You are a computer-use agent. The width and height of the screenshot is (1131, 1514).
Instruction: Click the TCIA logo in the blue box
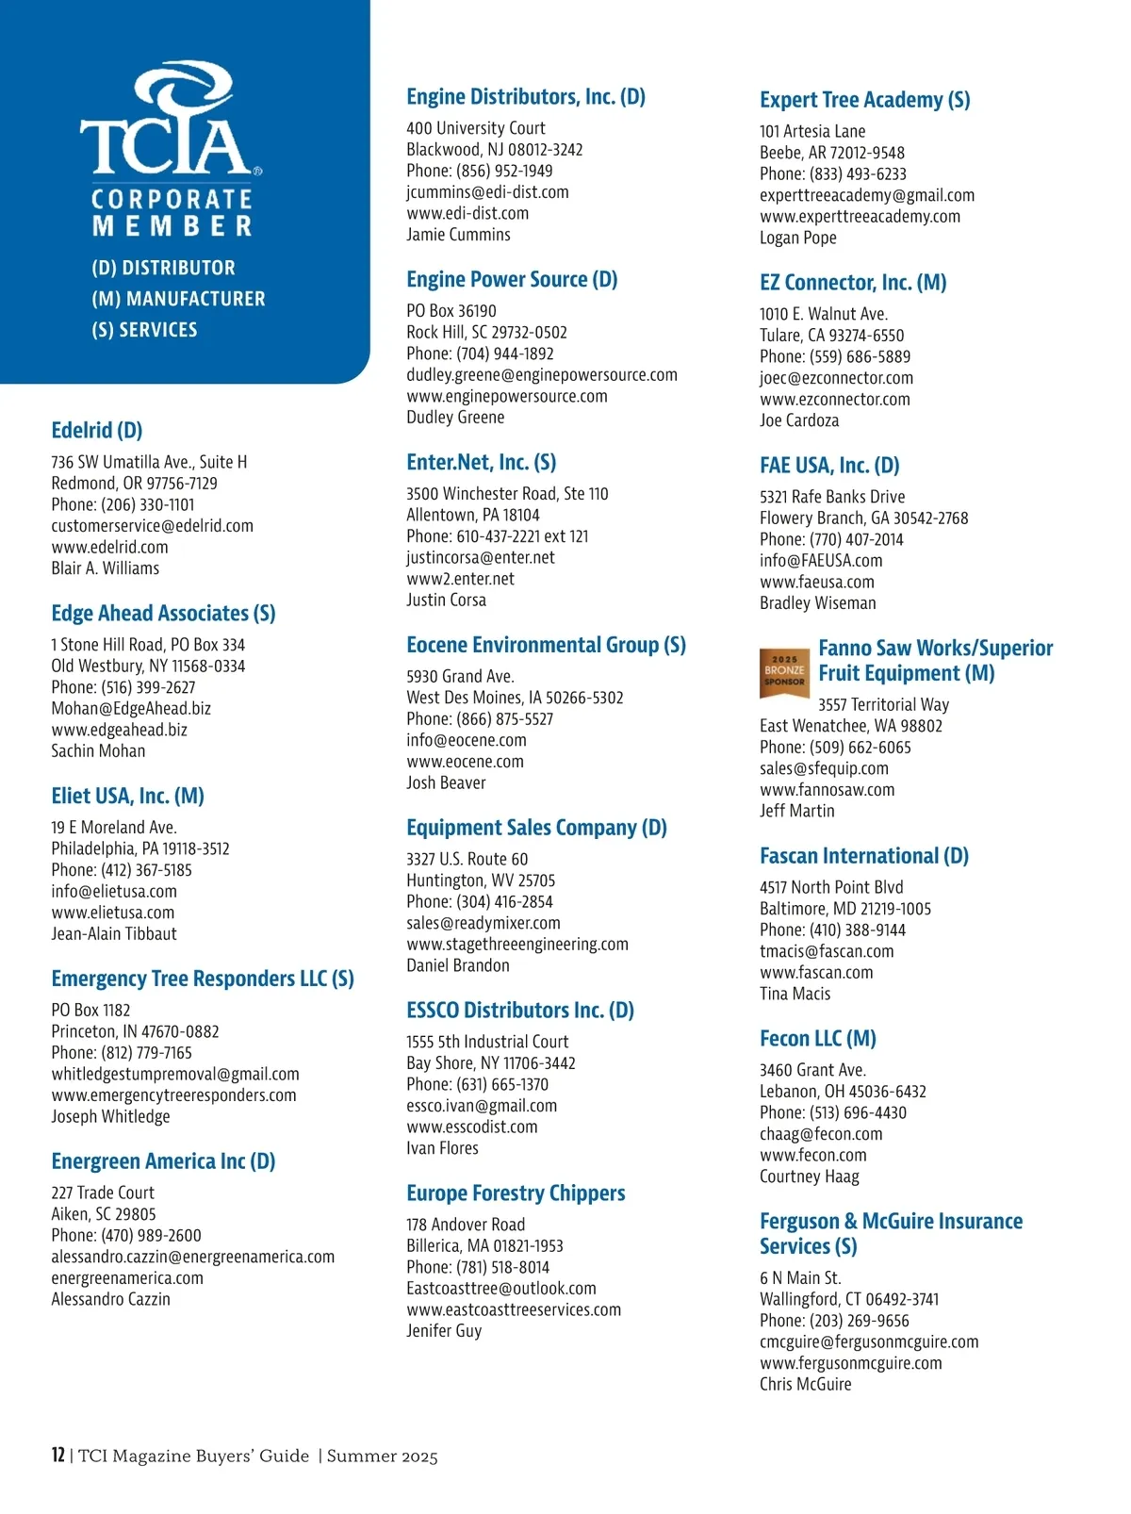[171, 123]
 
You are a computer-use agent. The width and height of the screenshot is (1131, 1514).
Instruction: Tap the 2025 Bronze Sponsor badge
[784, 671]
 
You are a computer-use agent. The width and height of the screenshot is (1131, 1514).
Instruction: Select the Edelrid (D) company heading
[97, 431]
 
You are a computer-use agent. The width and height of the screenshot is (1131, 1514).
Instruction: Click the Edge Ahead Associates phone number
[123, 687]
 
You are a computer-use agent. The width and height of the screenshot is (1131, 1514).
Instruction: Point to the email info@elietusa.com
[114, 891]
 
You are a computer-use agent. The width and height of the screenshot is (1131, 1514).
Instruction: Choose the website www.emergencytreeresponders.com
[173, 1095]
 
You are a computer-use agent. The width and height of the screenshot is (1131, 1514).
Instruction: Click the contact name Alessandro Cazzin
[110, 1299]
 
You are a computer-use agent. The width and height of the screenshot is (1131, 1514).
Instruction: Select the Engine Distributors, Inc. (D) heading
[526, 97]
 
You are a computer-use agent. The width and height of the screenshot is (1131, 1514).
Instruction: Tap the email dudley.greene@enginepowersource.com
[542, 375]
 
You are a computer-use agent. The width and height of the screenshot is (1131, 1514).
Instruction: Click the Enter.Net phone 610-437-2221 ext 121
[497, 536]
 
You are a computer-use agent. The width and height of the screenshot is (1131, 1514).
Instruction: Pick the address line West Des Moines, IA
[515, 698]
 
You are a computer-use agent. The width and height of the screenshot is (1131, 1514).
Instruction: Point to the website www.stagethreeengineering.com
[517, 945]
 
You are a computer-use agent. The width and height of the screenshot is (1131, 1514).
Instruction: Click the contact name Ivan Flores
[442, 1148]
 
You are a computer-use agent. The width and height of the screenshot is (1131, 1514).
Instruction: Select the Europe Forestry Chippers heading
[516, 1193]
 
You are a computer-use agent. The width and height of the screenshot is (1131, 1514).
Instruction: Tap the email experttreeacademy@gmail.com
[867, 195]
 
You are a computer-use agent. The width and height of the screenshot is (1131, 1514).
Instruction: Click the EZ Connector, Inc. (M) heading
[853, 283]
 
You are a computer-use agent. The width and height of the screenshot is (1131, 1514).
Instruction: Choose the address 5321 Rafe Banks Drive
[832, 497]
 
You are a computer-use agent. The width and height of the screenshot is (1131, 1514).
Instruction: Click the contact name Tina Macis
[795, 994]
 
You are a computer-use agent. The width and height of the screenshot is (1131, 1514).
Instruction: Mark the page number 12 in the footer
[57, 1456]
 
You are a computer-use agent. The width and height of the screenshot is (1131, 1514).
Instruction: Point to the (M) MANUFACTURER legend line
[178, 299]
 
